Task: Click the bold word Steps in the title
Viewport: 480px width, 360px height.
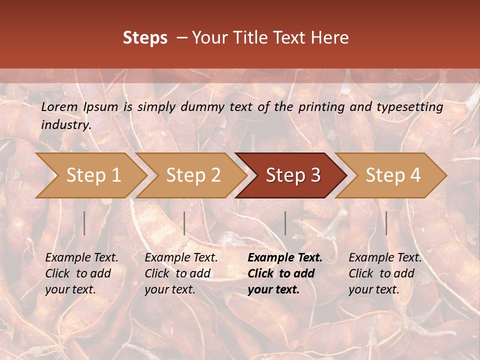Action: click(145, 38)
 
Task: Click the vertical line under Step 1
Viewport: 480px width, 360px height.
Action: click(84, 223)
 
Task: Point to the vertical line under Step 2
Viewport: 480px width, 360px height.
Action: click(184, 223)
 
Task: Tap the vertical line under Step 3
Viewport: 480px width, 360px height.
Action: click(285, 223)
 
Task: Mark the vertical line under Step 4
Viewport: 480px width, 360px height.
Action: click(386, 223)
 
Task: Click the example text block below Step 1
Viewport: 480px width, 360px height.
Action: click(81, 273)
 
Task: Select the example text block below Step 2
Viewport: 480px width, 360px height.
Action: click(181, 273)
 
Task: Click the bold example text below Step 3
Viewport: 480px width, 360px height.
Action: click(285, 273)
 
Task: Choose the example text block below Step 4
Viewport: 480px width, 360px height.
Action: click(385, 273)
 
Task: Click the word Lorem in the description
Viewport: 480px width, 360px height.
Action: click(59, 107)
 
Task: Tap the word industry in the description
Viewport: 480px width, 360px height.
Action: click(65, 125)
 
